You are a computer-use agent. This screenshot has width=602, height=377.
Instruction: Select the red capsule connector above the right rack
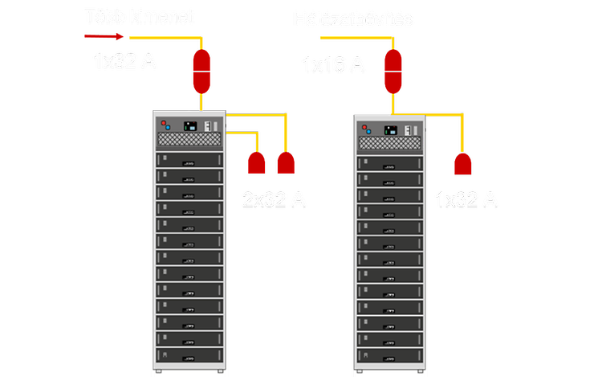tap(393, 71)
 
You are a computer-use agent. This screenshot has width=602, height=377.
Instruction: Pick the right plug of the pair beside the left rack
tap(286, 162)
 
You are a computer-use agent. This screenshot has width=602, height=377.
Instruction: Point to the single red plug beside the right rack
tap(462, 163)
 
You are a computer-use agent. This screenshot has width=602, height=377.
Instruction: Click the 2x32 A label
tap(275, 199)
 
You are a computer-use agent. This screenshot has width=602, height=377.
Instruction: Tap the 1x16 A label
tap(333, 64)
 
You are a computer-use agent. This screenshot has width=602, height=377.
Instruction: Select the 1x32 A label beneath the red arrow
tap(124, 61)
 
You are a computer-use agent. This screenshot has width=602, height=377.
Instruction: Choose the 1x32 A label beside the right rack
tap(466, 199)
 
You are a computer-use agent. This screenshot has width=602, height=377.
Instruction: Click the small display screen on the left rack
tap(191, 126)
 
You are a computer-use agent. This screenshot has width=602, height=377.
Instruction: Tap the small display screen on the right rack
tap(391, 129)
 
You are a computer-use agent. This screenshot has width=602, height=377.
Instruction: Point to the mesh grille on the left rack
tap(189, 140)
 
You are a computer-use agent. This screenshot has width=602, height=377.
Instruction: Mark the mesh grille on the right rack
tap(390, 143)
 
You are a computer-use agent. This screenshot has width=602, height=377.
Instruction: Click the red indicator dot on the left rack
tap(164, 124)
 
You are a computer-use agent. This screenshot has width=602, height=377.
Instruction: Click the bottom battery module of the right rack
tap(390, 354)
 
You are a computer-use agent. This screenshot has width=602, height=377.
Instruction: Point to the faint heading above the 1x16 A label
tap(353, 18)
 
